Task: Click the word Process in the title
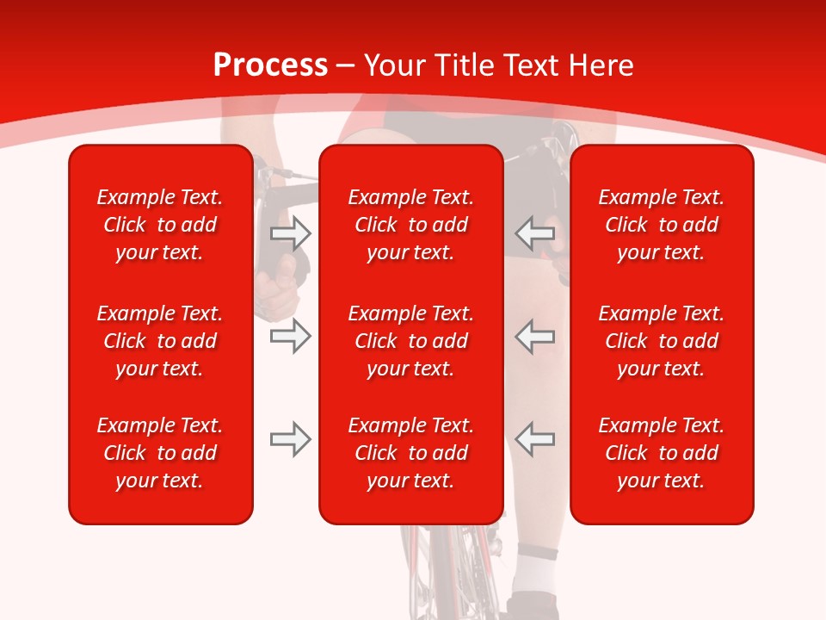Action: (270, 65)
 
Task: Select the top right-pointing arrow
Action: (291, 232)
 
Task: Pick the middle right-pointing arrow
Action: (291, 336)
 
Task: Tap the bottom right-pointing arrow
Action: (291, 440)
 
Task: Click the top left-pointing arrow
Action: (534, 232)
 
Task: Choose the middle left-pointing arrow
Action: (534, 336)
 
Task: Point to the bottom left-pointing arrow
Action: (534, 440)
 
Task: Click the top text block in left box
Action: (160, 225)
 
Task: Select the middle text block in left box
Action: (160, 341)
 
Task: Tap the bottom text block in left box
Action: (160, 453)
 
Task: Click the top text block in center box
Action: (410, 225)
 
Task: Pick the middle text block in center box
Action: (410, 341)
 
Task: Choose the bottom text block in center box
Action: (410, 453)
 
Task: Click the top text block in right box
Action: (661, 225)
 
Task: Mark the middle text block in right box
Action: (661, 341)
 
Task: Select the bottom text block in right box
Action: (661, 453)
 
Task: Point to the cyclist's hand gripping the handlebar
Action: (280, 284)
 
